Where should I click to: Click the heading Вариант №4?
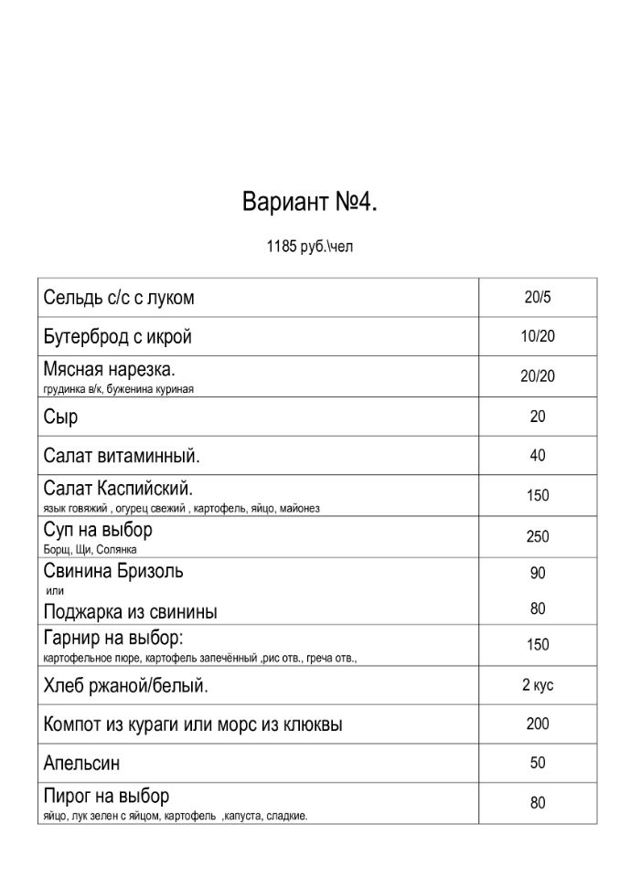point(310,202)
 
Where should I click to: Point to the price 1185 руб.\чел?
point(310,248)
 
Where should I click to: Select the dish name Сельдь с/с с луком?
point(119,298)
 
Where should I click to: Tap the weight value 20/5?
point(538,297)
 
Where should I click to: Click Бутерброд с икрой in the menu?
point(118,337)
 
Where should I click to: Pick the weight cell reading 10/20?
point(538,336)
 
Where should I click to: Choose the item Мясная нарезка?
point(109,370)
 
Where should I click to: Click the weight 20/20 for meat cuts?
point(538,376)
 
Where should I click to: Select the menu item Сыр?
point(60,417)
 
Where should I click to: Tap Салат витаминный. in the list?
point(122,455)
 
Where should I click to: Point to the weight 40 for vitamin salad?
point(538,455)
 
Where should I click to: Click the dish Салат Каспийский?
point(118,488)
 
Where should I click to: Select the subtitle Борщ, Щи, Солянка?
point(90,550)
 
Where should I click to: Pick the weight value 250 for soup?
point(538,536)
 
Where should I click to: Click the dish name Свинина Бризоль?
point(113,571)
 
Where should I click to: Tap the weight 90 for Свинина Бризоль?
point(538,573)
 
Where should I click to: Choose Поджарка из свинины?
point(130,611)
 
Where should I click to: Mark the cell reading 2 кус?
point(538,685)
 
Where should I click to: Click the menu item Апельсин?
point(81,762)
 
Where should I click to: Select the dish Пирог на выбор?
point(106,796)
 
